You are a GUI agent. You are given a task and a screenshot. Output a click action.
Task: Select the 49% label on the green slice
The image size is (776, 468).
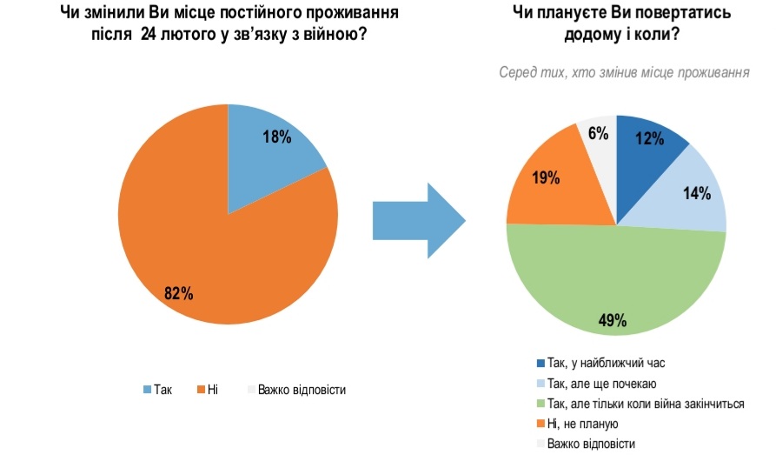613,319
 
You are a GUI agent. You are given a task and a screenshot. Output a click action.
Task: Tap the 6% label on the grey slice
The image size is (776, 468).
598,133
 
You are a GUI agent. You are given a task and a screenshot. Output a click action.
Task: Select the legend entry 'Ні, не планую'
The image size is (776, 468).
583,424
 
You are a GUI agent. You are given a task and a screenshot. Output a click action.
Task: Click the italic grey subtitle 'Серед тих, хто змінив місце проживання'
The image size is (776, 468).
624,73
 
